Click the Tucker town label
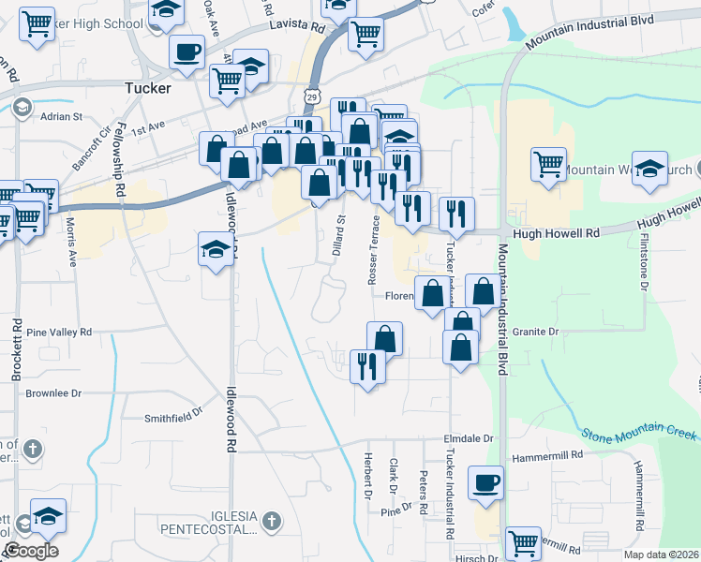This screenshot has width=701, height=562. coord(147,88)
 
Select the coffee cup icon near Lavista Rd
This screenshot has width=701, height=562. coord(186,51)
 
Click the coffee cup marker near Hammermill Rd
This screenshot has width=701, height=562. coord(486,483)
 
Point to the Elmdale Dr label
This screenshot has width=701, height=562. coord(468,437)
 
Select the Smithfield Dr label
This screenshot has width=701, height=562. coord(173,416)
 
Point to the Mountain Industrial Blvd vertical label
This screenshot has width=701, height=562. coord(503,309)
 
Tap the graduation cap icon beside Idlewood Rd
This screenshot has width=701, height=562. coord(216,251)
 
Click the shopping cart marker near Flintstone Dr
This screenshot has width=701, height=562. coord(548,164)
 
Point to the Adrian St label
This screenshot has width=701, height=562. coord(61,117)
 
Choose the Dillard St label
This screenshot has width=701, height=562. coord(339,238)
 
